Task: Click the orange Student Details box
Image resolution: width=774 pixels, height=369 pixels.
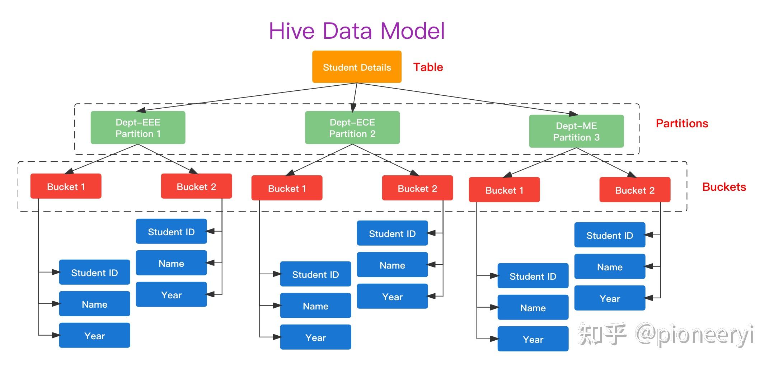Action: [x=356, y=67]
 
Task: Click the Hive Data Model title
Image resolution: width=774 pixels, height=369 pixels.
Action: [x=357, y=31]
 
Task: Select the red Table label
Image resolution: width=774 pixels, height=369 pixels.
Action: [x=428, y=67]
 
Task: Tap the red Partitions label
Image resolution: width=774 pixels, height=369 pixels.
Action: [x=681, y=123]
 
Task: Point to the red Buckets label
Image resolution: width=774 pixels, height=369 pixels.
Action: [x=724, y=187]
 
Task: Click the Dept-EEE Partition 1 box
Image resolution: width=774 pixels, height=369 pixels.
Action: [x=138, y=128]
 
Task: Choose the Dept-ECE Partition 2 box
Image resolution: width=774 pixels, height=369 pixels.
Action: [x=352, y=128]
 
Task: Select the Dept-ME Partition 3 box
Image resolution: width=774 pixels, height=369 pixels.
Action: [x=576, y=131]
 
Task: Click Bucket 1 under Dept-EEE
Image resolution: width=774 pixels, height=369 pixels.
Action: [x=66, y=186]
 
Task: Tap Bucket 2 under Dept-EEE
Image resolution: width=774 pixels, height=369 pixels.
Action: [x=196, y=186]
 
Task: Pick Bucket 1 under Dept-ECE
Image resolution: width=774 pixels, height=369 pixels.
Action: [x=287, y=188]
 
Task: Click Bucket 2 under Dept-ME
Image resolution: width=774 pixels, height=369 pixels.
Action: [x=634, y=190]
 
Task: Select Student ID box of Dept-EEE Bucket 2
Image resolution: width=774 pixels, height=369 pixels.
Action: [x=171, y=232]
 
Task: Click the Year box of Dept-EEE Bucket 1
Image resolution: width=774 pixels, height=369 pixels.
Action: [x=94, y=336]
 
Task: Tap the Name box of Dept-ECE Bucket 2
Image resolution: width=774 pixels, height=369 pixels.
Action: [x=392, y=265]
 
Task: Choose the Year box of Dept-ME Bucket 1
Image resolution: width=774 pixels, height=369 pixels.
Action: [x=533, y=339]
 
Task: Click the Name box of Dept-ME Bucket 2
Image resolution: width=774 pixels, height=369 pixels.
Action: [x=609, y=267]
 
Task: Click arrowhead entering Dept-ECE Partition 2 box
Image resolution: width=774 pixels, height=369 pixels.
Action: [x=353, y=108]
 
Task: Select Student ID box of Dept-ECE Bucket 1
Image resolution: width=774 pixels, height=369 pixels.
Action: [x=315, y=274]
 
